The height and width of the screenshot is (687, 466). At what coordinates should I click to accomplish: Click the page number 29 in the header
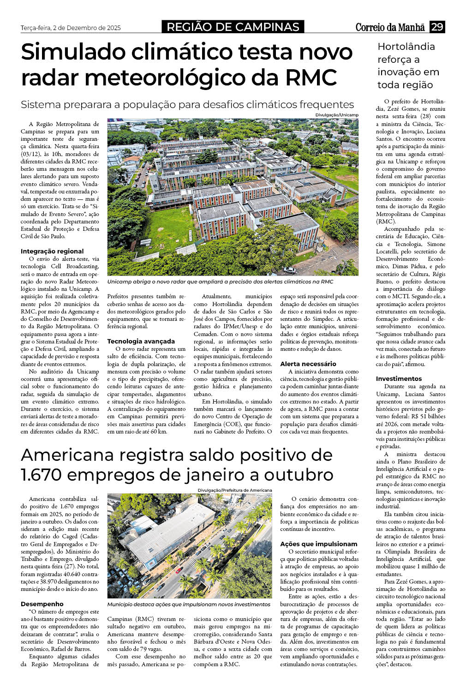(436, 27)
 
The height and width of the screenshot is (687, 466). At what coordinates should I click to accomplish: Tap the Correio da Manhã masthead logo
(390, 27)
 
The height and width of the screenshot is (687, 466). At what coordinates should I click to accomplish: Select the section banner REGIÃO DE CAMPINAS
(233, 27)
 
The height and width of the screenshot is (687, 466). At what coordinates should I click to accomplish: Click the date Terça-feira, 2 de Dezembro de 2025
(71, 28)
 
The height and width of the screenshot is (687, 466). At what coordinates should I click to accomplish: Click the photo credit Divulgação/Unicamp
(337, 114)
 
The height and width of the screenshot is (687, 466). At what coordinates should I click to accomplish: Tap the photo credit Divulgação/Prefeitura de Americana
(235, 490)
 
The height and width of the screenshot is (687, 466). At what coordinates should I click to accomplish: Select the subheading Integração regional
(52, 251)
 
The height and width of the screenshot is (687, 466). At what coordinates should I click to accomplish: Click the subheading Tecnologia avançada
(141, 341)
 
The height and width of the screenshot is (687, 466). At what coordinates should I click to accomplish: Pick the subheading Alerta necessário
(308, 364)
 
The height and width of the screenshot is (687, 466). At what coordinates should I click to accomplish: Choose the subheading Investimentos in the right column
(399, 379)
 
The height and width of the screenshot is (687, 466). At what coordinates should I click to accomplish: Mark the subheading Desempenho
(42, 604)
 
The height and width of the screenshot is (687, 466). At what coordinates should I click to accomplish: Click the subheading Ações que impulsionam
(319, 544)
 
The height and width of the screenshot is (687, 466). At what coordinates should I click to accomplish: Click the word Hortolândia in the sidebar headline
(406, 47)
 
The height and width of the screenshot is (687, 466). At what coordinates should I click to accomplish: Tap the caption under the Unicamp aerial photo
(220, 282)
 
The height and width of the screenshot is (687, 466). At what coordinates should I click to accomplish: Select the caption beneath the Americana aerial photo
(189, 604)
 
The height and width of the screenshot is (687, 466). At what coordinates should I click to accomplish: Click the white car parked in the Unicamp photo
(289, 270)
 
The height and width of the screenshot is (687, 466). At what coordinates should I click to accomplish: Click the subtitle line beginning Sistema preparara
(187, 104)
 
